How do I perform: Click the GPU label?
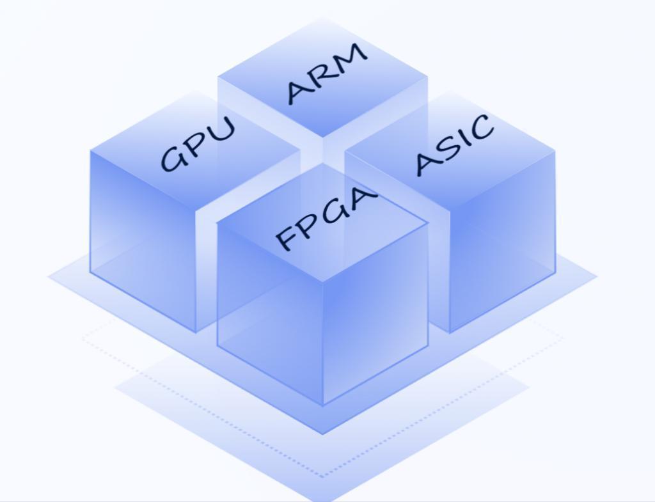click(x=198, y=143)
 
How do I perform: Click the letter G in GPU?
click(x=173, y=158)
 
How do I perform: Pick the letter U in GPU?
click(x=221, y=129)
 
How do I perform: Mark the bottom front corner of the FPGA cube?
click(x=323, y=405)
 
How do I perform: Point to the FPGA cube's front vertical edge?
click(x=323, y=343)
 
